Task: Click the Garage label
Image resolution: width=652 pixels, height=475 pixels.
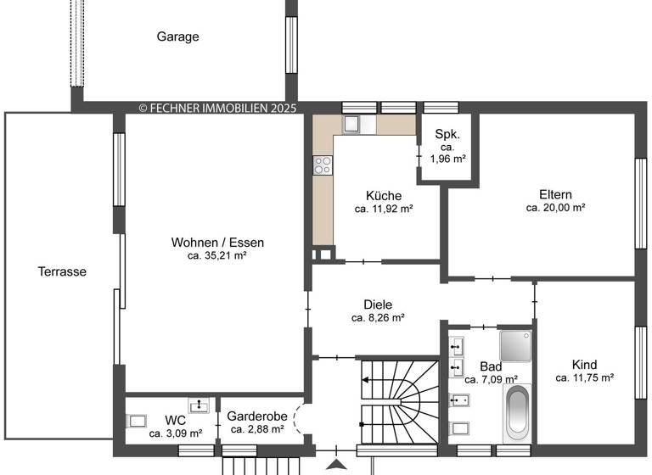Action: pos(177,36)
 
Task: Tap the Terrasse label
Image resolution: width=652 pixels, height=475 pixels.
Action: pos(62,271)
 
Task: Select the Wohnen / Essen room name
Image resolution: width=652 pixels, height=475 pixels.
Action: pos(217,242)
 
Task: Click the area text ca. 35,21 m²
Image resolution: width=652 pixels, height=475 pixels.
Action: pos(217,255)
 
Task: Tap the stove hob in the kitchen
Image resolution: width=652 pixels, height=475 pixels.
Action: pos(323,165)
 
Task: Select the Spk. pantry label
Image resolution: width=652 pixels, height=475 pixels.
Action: pos(447,134)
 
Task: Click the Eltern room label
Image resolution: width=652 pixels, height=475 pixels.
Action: pos(555,193)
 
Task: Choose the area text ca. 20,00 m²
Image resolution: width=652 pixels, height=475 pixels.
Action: pos(555,207)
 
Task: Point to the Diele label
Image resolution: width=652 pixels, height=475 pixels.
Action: pos(377,304)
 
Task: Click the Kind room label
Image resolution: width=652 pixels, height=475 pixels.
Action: pos(584,365)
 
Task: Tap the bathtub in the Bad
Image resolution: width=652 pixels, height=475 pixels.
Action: pos(517,413)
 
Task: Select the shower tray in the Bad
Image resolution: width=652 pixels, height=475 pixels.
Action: pos(514,345)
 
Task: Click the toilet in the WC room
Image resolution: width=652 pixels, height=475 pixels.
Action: pos(137,421)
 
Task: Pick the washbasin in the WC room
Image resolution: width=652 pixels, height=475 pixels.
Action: pos(198,405)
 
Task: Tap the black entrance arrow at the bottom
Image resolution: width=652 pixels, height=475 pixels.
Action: pos(337,464)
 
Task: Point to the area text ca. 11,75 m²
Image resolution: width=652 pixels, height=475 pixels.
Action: pos(584,378)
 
